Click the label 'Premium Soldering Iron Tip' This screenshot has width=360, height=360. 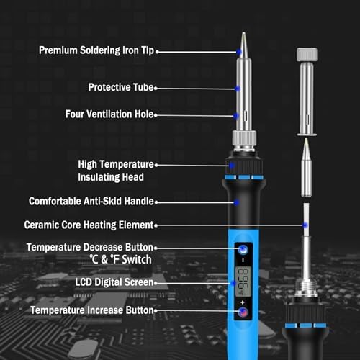tap(96, 50)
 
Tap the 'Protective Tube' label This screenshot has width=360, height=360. tap(121, 87)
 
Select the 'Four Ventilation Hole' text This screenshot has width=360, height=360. tap(109, 114)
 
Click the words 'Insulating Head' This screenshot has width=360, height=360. tap(111, 177)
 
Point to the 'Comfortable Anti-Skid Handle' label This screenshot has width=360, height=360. tap(91, 201)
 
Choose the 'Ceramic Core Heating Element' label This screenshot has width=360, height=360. tap(89, 225)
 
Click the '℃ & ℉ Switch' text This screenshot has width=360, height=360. tap(121, 259)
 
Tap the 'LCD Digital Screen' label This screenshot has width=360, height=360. tap(114, 282)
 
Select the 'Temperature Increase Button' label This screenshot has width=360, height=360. tap(92, 310)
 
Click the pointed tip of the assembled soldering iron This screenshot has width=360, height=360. tap(243, 33)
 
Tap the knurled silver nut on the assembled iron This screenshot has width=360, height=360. tap(244, 138)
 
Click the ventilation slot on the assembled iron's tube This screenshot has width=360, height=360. tap(246, 115)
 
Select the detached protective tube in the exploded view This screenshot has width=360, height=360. tap(307, 91)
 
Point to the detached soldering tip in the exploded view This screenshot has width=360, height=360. tap(306, 167)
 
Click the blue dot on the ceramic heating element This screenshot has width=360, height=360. tap(305, 225)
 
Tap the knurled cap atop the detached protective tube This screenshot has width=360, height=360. tap(307, 55)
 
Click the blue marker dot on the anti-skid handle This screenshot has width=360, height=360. tap(236, 203)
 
